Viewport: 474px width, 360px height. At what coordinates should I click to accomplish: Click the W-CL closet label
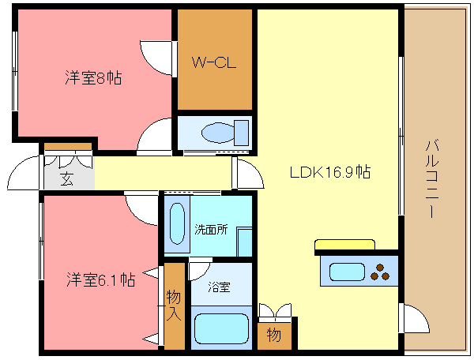[214, 62]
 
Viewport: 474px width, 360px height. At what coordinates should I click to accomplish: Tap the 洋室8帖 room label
[93, 77]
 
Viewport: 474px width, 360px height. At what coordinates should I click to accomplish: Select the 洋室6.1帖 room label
[100, 279]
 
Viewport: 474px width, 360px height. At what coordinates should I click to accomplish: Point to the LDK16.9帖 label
[330, 172]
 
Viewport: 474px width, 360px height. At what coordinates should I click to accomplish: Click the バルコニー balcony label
[432, 178]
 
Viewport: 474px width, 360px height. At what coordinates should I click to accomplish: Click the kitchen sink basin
[347, 272]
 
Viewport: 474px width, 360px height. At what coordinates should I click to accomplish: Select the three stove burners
[380, 272]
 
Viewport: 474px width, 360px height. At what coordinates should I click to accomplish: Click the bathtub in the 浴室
[221, 328]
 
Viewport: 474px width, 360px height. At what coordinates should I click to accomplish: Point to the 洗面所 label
[211, 230]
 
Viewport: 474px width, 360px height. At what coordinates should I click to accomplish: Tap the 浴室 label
[219, 287]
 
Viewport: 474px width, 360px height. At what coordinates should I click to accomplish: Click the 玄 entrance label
[66, 178]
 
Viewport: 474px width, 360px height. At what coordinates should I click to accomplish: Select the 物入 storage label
[174, 305]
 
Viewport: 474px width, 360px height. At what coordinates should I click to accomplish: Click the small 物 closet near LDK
[274, 335]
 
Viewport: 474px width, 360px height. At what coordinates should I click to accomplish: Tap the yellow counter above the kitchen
[344, 245]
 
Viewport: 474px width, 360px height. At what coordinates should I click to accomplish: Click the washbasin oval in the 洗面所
[177, 223]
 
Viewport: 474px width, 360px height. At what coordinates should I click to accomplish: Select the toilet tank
[242, 133]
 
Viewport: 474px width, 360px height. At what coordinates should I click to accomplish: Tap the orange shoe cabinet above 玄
[68, 147]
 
